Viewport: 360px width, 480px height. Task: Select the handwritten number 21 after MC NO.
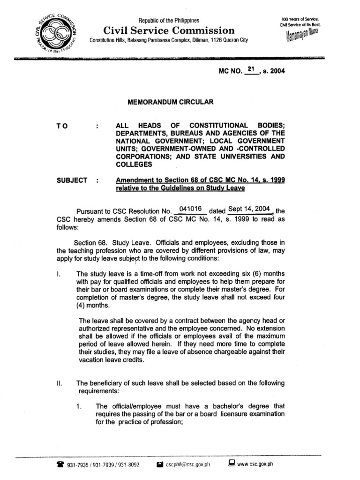pyautogui.click(x=252, y=69)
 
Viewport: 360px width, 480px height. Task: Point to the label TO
pyautogui.click(x=62, y=126)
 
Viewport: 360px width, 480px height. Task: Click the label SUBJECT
pyautogui.click(x=72, y=180)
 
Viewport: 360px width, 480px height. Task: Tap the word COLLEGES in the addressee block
pyautogui.click(x=134, y=164)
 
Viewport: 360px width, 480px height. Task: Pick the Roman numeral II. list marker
pyautogui.click(x=58, y=382)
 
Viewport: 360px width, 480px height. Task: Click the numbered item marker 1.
pyautogui.click(x=79, y=406)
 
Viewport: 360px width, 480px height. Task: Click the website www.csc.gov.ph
pyautogui.click(x=255, y=465)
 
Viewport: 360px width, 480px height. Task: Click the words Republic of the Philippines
pyautogui.click(x=168, y=21)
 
